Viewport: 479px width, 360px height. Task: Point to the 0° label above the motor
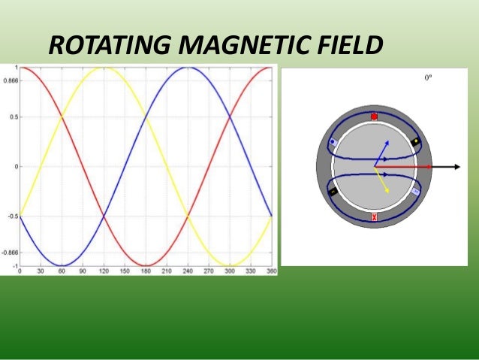click(x=429, y=76)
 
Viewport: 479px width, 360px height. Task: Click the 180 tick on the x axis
click(x=146, y=271)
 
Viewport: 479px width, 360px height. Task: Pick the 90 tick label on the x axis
click(x=83, y=271)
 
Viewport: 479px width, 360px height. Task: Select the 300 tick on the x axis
click(x=230, y=271)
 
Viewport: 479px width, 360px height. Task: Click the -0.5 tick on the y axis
click(x=11, y=216)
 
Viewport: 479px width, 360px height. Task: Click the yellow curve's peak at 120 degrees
click(x=104, y=68)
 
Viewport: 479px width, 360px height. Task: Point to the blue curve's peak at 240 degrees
click(x=188, y=68)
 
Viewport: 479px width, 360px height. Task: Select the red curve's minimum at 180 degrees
click(x=146, y=265)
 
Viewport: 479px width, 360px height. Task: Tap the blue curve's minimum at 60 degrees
click(x=62, y=265)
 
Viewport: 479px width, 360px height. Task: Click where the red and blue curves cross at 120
click(x=104, y=216)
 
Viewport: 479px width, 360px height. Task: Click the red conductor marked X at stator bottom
click(x=375, y=217)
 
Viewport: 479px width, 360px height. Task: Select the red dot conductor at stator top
click(x=375, y=116)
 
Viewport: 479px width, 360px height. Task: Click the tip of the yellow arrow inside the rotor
click(x=387, y=192)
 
